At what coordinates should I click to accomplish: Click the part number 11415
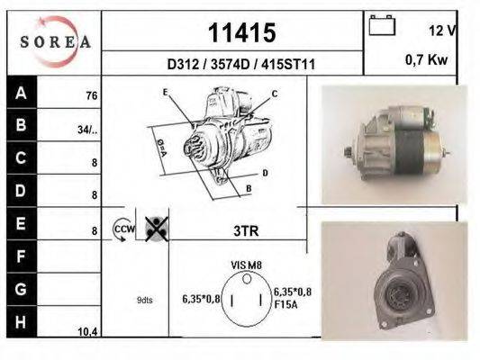(x=241, y=33)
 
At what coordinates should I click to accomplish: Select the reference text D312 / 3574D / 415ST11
(x=240, y=64)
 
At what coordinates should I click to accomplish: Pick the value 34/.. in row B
(x=87, y=129)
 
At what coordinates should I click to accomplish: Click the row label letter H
(x=21, y=321)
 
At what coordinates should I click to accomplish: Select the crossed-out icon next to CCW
(x=155, y=230)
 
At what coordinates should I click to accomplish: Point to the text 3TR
(x=246, y=230)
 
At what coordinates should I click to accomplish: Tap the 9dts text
(x=144, y=300)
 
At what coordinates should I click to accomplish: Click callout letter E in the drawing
(x=165, y=93)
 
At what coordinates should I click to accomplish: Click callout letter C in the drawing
(x=274, y=94)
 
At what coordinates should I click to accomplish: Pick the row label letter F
(x=21, y=256)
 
